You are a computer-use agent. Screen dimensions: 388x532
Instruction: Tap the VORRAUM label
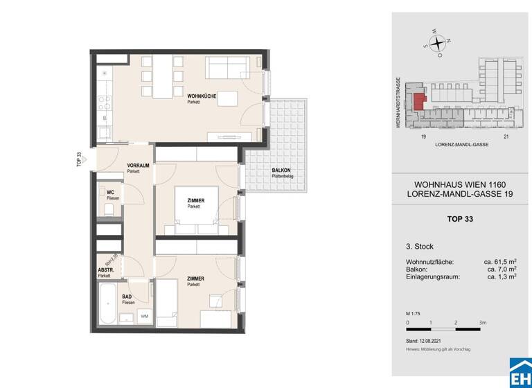point(139,165)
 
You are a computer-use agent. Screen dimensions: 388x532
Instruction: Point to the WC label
point(110,193)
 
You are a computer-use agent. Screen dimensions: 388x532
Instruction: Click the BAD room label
point(127,296)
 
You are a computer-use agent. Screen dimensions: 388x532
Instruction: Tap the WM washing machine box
point(144,317)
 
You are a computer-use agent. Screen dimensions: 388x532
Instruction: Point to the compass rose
point(438,42)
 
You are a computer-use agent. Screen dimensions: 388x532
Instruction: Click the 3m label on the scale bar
point(483,323)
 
